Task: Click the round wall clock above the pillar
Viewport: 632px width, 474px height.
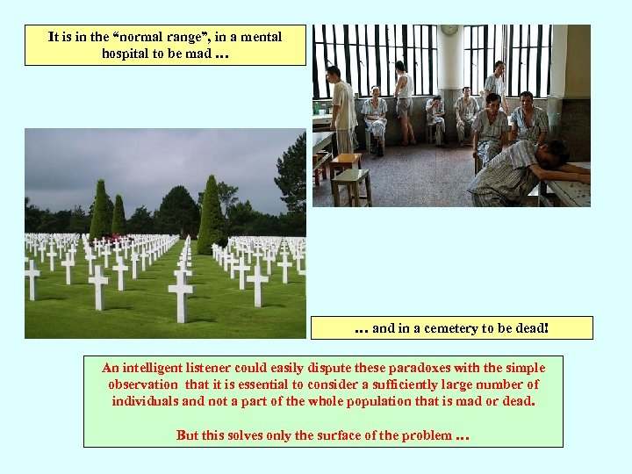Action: pos(449,30)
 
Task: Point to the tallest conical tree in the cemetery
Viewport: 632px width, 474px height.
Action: pos(210,214)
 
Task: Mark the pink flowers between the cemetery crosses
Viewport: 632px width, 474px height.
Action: pos(113,238)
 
